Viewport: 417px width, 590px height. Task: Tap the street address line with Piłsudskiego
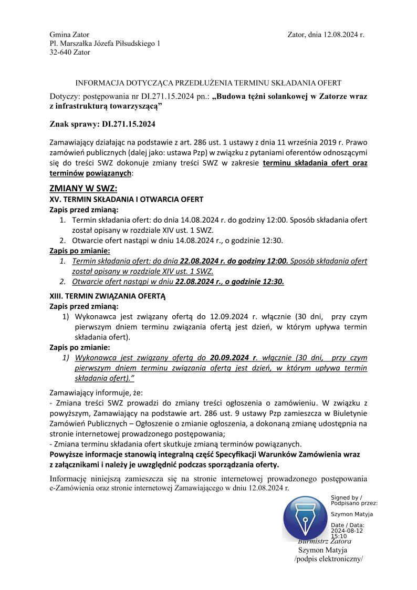click(105, 44)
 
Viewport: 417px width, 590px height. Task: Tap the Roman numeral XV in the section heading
click(54, 199)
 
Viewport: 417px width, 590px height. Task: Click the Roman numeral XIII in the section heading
click(55, 296)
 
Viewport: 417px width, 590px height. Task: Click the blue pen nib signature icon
click(305, 517)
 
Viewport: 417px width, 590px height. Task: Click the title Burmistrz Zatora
click(325, 541)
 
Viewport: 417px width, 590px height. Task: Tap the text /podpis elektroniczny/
click(329, 559)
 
